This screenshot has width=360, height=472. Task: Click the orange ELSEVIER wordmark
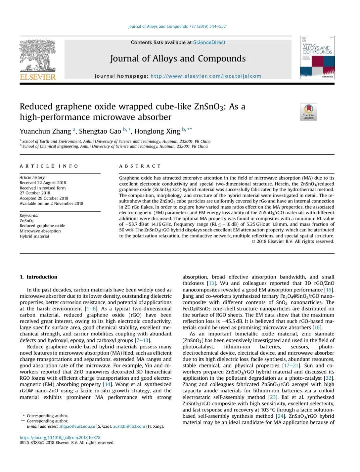click(38, 77)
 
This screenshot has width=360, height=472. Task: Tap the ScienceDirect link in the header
click(209, 42)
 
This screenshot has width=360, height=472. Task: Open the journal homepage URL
click(206, 76)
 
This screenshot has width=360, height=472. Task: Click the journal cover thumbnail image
click(317, 58)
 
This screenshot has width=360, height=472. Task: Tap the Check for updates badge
click(308, 112)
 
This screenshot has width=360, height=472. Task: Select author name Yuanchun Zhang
click(45, 131)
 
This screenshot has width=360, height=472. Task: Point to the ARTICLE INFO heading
click(49, 166)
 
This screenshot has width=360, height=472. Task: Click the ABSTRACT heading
click(140, 166)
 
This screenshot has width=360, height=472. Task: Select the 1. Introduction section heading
click(39, 277)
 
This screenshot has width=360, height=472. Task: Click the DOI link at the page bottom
click(60, 437)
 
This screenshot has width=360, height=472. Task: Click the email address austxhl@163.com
click(129, 426)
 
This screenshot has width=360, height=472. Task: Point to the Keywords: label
click(29, 216)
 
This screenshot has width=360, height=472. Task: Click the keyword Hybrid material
click(34, 236)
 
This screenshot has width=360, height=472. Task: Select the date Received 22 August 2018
click(43, 183)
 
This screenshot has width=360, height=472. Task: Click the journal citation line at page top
click(177, 26)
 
